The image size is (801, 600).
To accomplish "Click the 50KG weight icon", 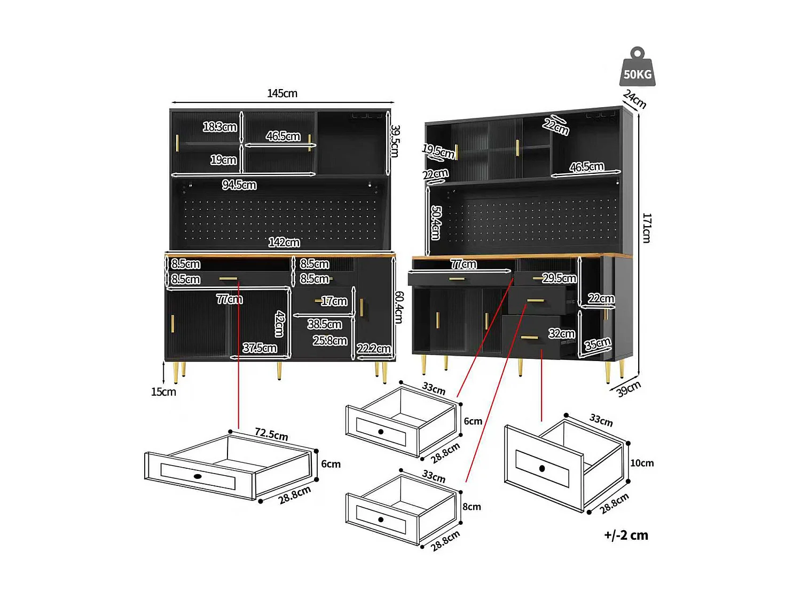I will [638, 68].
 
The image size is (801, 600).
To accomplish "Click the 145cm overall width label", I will [282, 93].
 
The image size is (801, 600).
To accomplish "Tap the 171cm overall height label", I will [647, 228].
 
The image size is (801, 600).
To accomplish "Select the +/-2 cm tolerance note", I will [626, 535].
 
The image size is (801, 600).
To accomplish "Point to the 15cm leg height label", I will [163, 392].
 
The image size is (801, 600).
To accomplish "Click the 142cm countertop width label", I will [284, 243].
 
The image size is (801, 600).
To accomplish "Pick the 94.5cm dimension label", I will [239, 185].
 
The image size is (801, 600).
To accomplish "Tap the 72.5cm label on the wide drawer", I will [271, 434].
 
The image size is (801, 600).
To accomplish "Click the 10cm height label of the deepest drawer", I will [642, 463].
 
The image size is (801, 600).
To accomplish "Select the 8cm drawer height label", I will [472, 507].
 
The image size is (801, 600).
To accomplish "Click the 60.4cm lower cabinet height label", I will [399, 307].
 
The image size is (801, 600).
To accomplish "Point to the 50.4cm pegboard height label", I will [436, 222].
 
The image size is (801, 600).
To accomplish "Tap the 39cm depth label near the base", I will [629, 389].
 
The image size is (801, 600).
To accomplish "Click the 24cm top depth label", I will [635, 99].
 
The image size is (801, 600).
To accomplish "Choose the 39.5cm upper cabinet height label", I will [395, 141].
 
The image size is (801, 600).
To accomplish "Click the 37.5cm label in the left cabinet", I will [260, 348].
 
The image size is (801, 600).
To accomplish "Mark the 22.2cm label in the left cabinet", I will [374, 349].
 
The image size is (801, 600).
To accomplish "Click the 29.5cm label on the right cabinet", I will [559, 278].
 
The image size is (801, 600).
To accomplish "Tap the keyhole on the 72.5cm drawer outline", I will [198, 476].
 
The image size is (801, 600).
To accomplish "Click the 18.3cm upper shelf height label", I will [219, 127].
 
